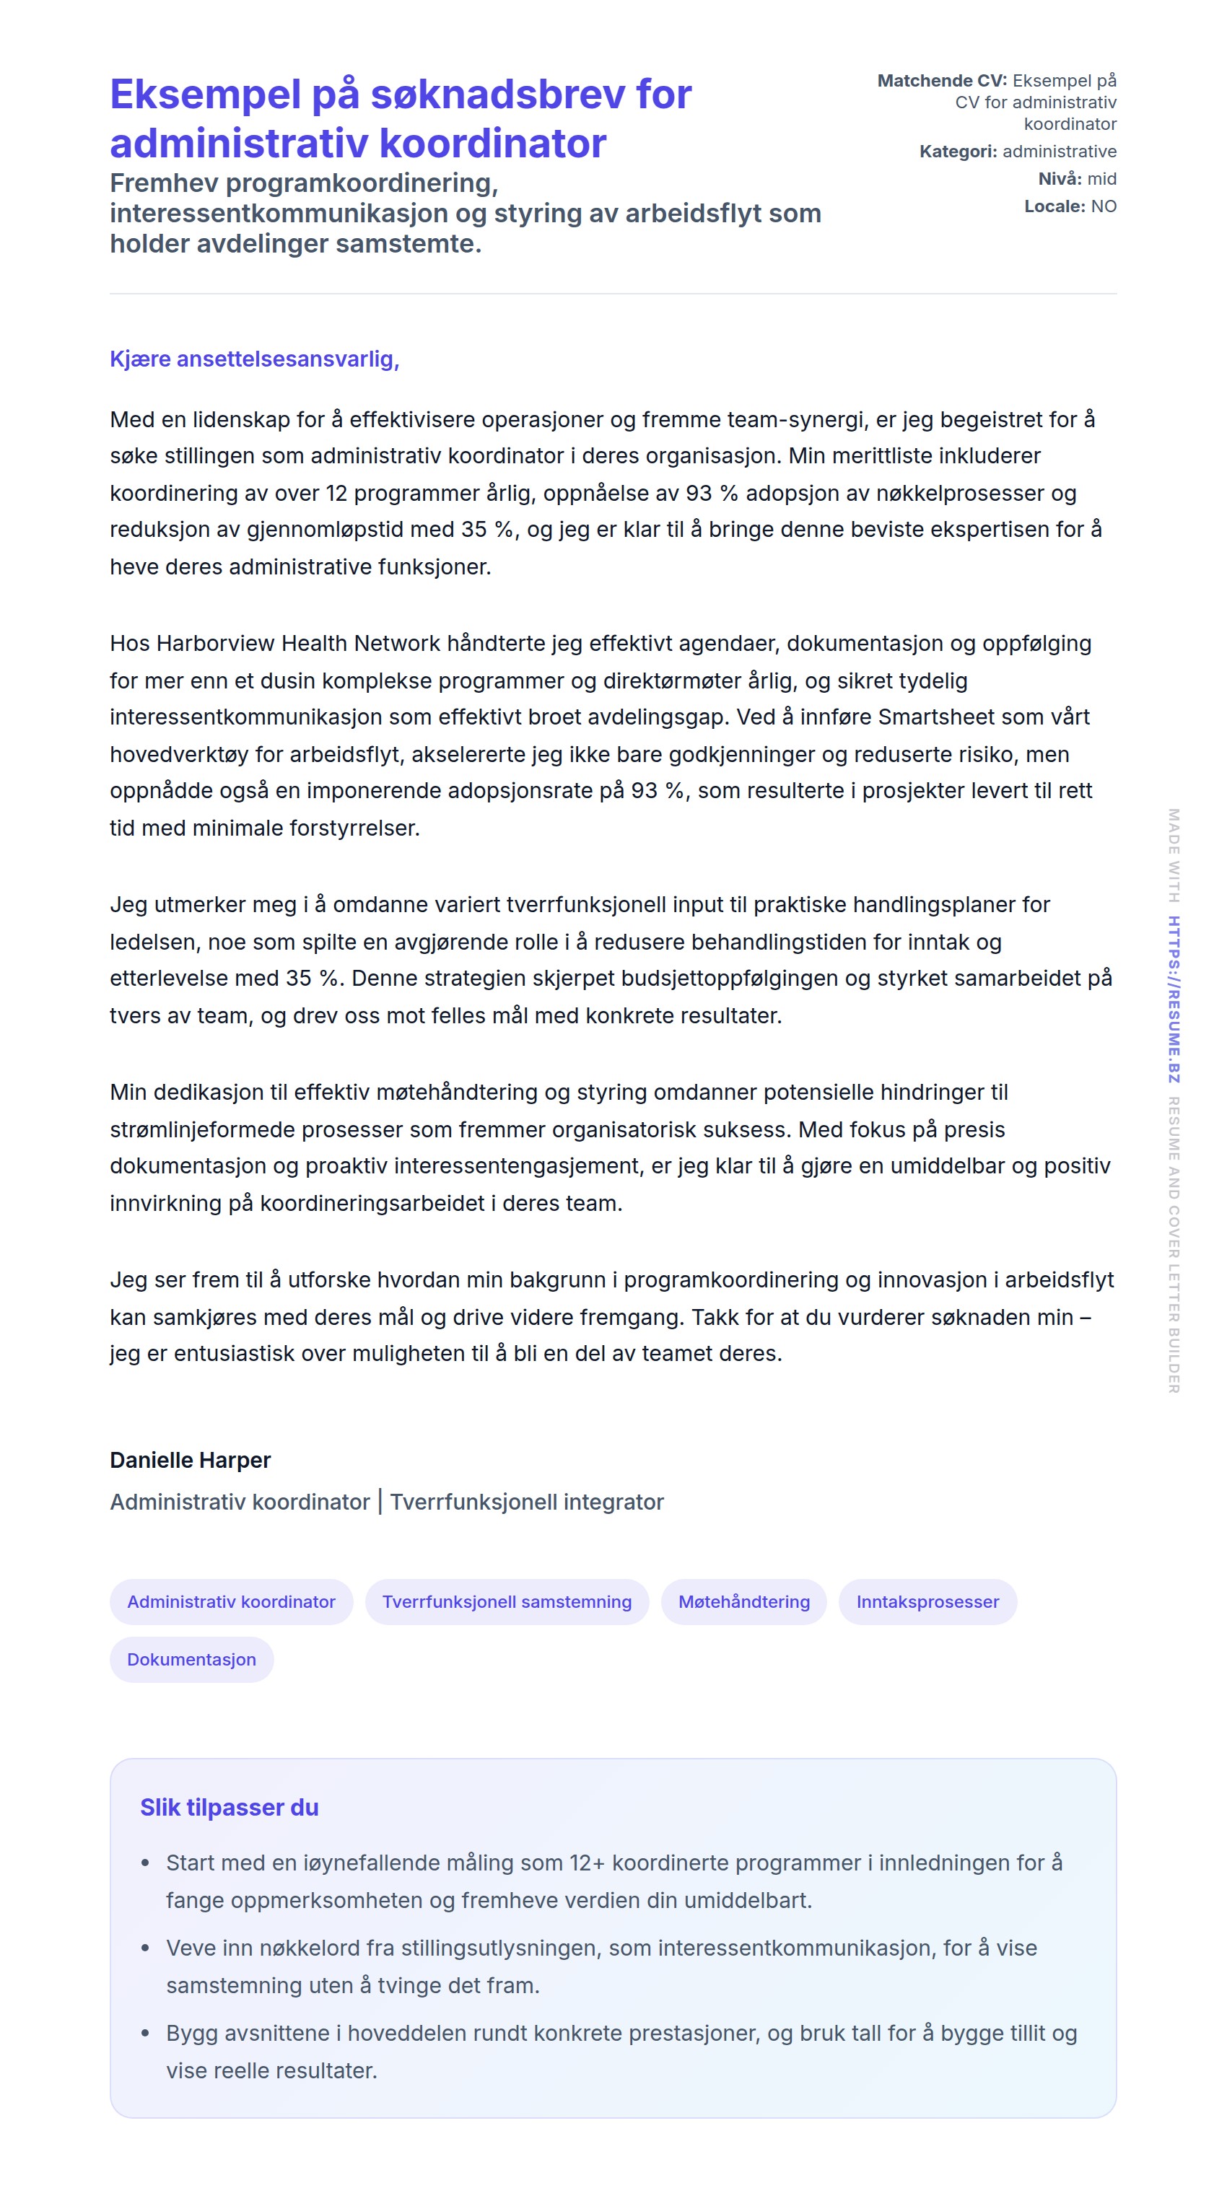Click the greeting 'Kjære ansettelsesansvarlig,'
coord(254,359)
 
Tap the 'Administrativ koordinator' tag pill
coord(231,1601)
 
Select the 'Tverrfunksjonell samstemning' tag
coord(507,1601)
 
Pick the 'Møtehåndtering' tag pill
coord(743,1601)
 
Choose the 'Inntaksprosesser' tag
coord(927,1601)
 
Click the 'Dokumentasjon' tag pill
coord(191,1659)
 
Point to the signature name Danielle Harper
coord(191,1459)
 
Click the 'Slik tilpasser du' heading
coord(230,1808)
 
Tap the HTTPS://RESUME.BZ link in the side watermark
coord(1174,999)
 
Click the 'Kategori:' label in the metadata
coord(958,152)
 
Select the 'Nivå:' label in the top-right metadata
coord(1060,178)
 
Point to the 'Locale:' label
coord(1054,206)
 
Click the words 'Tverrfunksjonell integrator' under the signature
coord(527,1502)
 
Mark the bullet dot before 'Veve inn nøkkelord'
coord(145,1948)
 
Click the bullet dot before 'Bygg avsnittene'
coord(145,2034)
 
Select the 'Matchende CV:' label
coord(941,81)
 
